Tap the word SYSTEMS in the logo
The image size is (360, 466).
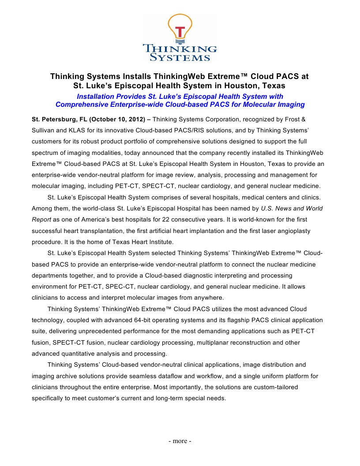[180, 57]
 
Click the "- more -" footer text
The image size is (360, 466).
[180, 441]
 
